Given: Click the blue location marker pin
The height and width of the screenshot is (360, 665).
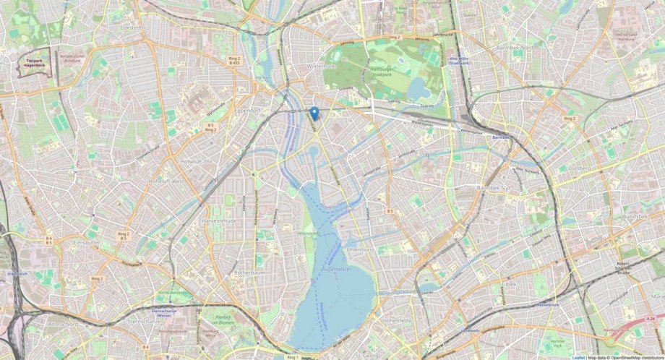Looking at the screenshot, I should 314,113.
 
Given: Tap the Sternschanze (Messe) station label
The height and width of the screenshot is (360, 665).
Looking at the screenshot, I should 169,312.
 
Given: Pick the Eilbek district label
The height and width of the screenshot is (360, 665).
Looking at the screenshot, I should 510,284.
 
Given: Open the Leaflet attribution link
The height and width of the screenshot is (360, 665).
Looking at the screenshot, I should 578,357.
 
